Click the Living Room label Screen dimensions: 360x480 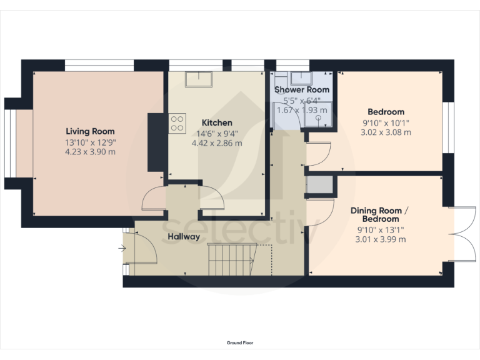click(91, 131)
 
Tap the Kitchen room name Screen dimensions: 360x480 click(217, 122)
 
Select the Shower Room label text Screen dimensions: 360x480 click(302, 90)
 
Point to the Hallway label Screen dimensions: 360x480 click(184, 237)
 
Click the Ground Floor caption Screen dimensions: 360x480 click(240, 342)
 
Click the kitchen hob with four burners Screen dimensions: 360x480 click(177, 122)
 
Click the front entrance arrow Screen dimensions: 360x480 click(121, 248)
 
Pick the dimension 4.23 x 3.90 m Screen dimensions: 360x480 click(91, 151)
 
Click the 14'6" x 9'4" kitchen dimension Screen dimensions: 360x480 click(217, 133)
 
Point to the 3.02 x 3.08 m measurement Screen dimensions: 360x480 click(386, 132)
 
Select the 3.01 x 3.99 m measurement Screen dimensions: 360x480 click(380, 239)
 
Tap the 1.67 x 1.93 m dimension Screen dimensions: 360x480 click(302, 110)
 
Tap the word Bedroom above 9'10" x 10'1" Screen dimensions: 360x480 click(386, 112)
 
